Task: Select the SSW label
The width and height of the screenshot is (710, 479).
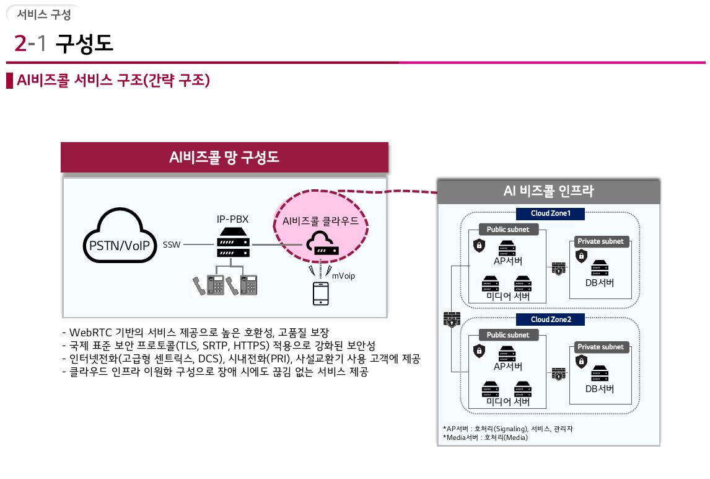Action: click(172, 244)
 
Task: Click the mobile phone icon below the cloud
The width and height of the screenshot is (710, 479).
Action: click(320, 293)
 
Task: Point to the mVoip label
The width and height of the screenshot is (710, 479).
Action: click(344, 275)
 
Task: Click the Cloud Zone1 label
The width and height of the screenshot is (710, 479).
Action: click(550, 213)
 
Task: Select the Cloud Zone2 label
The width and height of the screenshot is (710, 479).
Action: click(550, 319)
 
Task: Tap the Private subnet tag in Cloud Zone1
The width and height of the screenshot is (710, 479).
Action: click(600, 241)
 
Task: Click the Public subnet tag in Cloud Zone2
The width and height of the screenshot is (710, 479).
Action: click(507, 335)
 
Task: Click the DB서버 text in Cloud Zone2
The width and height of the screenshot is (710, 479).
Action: click(600, 389)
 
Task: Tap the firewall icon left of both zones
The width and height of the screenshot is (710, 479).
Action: click(451, 319)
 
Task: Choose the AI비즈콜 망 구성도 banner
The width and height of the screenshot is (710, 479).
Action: click(224, 158)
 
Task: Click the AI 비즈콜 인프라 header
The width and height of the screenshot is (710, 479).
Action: click(548, 192)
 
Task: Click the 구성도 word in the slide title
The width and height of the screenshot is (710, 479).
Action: click(85, 43)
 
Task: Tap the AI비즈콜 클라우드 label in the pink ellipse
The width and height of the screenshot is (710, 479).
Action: click(320, 220)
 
